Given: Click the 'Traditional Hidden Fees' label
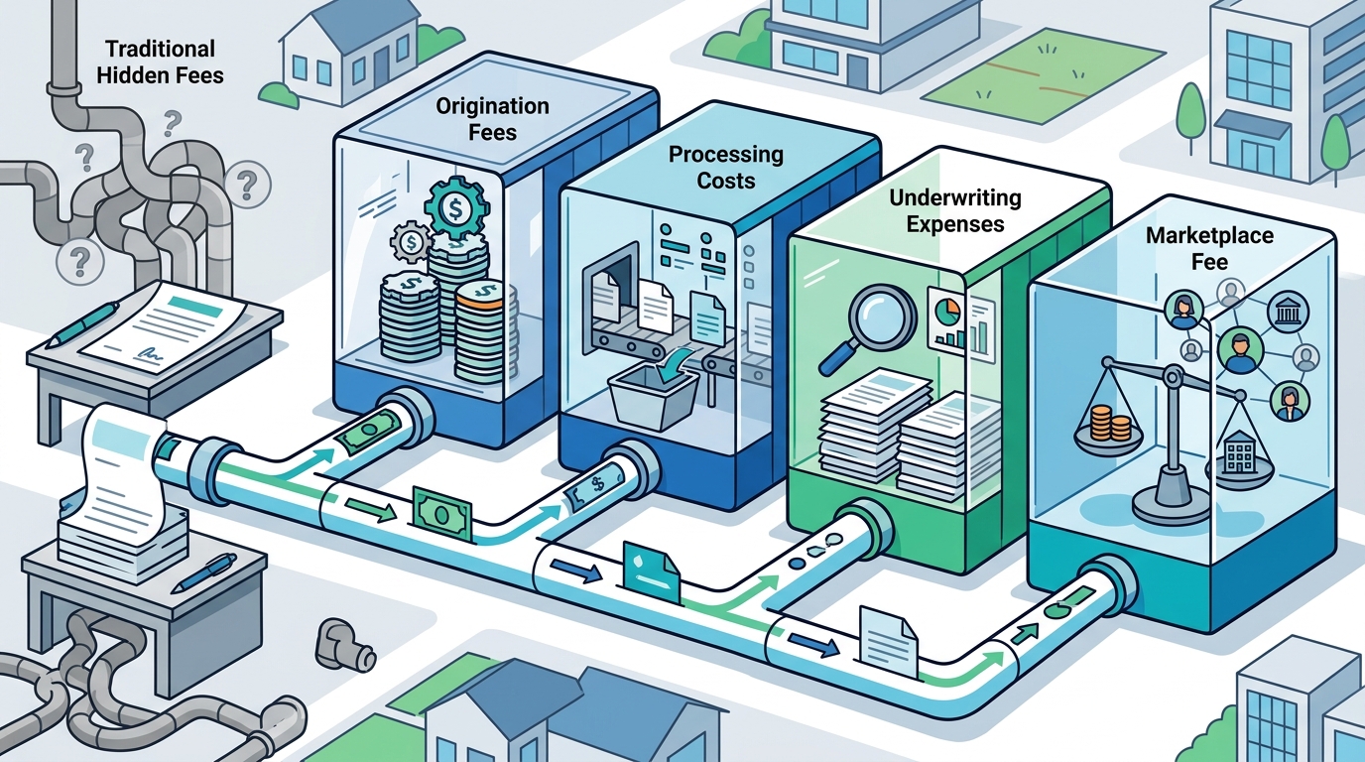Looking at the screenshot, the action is click(161, 63).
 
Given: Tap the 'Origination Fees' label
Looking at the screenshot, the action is click(492, 119).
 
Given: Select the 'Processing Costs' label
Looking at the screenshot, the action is click(726, 167).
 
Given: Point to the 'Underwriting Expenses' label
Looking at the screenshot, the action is click(955, 210).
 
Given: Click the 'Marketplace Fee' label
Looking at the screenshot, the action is click(1209, 249).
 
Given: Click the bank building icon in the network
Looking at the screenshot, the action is click(1287, 312).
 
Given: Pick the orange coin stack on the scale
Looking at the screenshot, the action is click(1110, 423).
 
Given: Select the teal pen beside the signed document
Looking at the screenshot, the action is click(84, 324).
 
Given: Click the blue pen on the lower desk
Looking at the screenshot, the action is click(204, 572).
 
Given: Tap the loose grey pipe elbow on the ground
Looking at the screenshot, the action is click(343, 647).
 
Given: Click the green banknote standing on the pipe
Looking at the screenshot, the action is click(443, 514).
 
